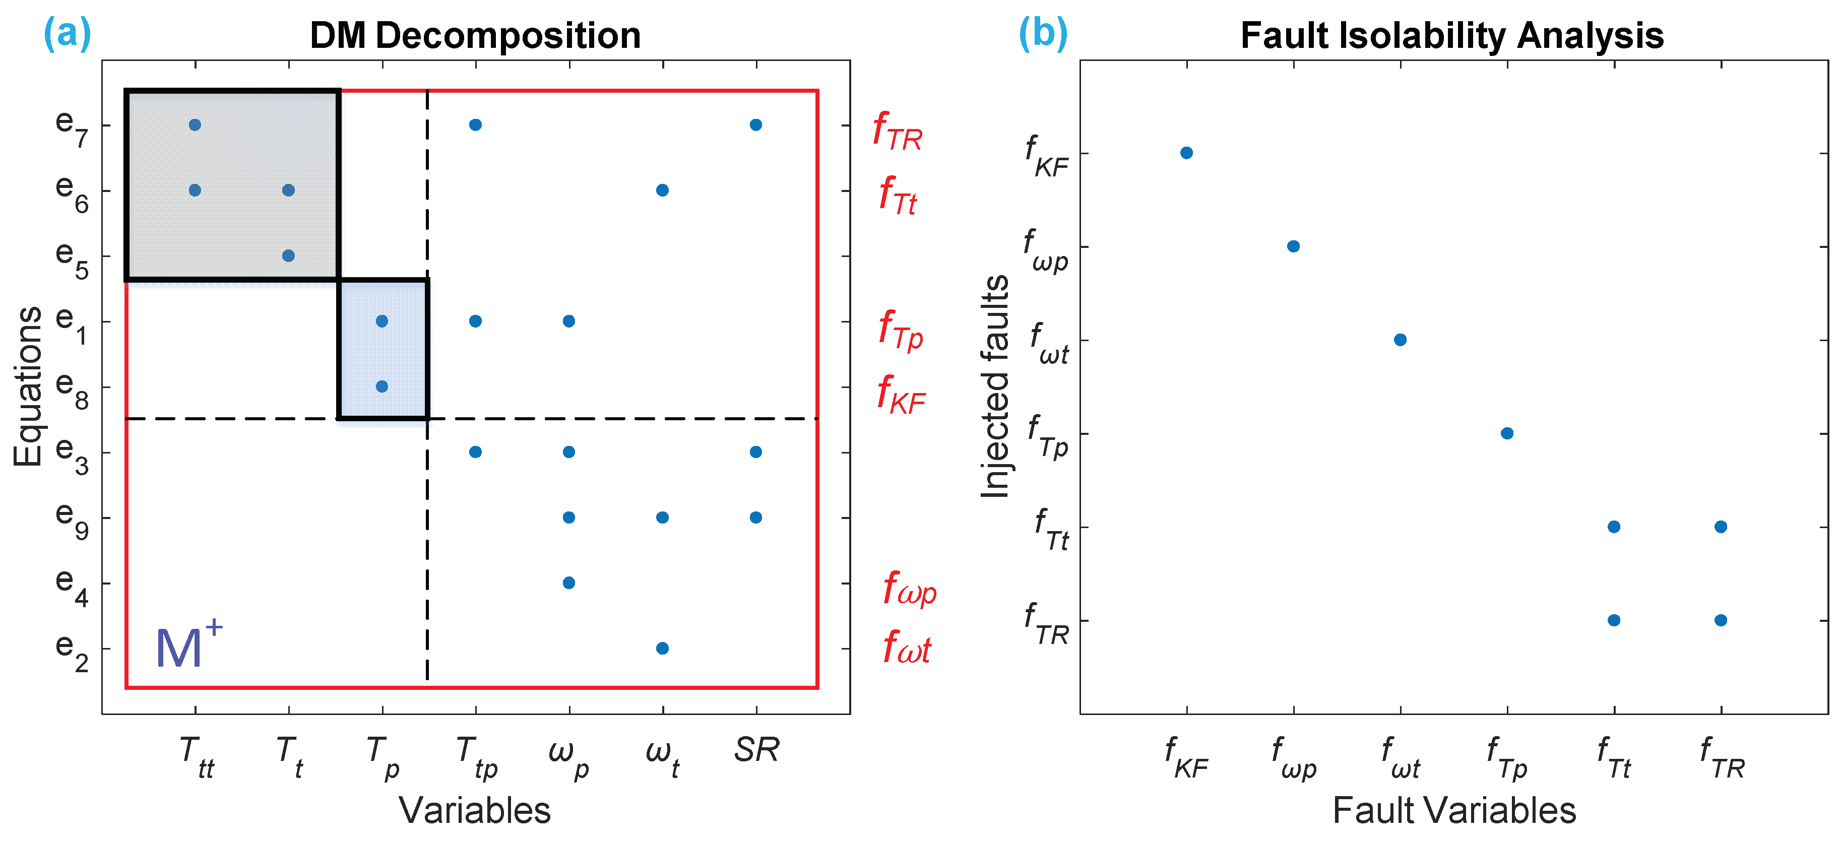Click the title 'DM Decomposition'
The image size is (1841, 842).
475,36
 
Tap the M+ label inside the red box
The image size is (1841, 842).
187,645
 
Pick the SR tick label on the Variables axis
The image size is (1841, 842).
756,750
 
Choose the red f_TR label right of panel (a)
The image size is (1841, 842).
897,132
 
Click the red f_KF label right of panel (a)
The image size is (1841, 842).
901,395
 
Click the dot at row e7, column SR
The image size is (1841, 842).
756,125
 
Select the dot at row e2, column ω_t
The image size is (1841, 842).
663,649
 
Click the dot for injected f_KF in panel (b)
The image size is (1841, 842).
1186,153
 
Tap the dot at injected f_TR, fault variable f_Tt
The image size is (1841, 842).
1614,620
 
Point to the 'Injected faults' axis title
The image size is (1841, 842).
995,386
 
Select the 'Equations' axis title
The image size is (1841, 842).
29,386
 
